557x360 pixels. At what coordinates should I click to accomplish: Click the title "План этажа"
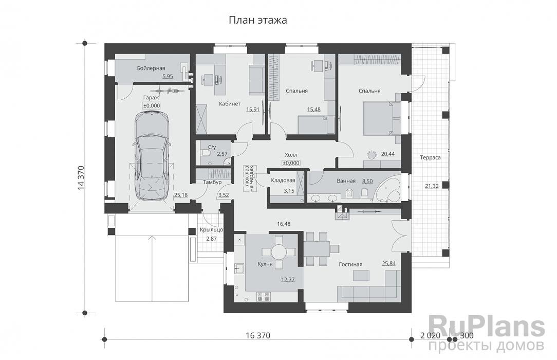257,21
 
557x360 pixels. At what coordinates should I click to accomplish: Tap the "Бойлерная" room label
151,68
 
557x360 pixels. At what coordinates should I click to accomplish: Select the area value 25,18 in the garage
181,195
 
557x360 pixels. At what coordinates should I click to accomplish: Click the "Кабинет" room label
229,104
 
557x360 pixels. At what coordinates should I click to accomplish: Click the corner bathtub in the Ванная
388,190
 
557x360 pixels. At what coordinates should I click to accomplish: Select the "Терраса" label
430,157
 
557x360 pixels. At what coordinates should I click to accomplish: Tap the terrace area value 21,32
432,186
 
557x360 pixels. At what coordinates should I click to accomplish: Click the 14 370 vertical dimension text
81,178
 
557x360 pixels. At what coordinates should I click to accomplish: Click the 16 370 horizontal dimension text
258,336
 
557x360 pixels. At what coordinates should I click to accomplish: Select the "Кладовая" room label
283,181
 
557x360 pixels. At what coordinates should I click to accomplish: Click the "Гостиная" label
350,264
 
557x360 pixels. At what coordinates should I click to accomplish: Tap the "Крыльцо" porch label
211,230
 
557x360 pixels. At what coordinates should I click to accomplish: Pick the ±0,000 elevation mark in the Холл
291,163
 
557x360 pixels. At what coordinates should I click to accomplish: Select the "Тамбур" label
212,183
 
